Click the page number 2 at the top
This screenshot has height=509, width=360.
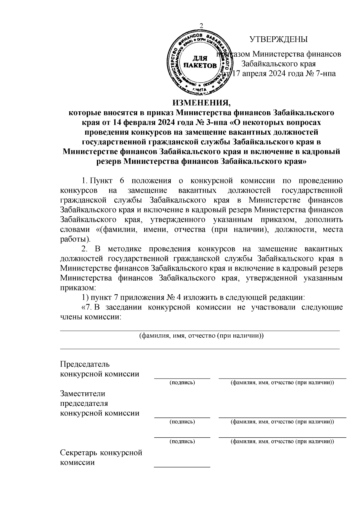coord(201,25)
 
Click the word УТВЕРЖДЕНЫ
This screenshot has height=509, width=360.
coord(279,39)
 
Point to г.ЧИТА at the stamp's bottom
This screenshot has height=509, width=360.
coord(199,89)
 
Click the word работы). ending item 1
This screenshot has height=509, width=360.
coord(75,239)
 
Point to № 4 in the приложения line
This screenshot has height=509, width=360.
coord(173,298)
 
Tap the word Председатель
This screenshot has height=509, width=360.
coord(85,364)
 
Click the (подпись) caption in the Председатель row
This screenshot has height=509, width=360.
coord(182,383)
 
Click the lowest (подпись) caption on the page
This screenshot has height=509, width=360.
coord(182,442)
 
